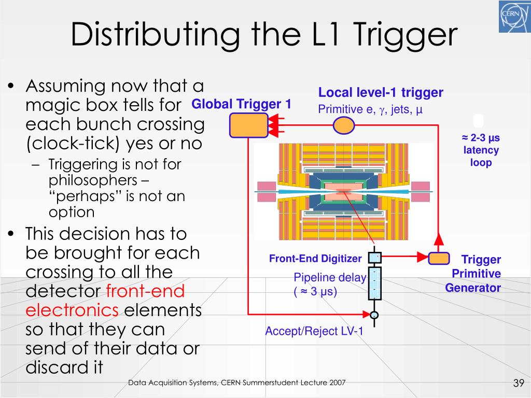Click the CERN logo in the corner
pyautogui.click(x=514, y=17)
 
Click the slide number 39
pyautogui.click(x=518, y=383)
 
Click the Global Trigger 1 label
pyautogui.click(x=241, y=104)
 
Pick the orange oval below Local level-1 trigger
pyautogui.click(x=343, y=125)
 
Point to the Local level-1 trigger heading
pyautogui.click(x=381, y=93)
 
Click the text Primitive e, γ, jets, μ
pyautogui.click(x=370, y=109)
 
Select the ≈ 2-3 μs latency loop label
pyautogui.click(x=480, y=150)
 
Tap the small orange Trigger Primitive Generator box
pyautogui.click(x=439, y=258)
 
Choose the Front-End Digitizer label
pyautogui.click(x=315, y=259)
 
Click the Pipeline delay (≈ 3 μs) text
pyautogui.click(x=329, y=285)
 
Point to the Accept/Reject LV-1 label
pyautogui.click(x=314, y=332)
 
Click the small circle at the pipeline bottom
pyautogui.click(x=374, y=315)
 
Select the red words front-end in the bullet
pyautogui.click(x=145, y=291)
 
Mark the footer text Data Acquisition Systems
pyautogui.click(x=173, y=383)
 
